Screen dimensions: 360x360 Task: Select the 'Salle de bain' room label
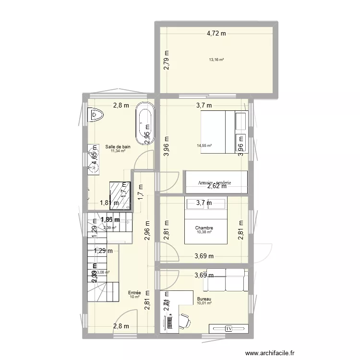click(x=118, y=146)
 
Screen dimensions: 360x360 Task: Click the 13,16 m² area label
click(x=216, y=60)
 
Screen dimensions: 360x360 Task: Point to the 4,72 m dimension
click(x=216, y=33)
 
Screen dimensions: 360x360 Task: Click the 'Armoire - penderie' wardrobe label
click(x=215, y=183)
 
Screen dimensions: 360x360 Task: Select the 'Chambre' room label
click(x=204, y=228)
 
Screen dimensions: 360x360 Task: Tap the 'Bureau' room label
click(x=204, y=299)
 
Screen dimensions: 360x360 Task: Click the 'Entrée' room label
click(x=134, y=292)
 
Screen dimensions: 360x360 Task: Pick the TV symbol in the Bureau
click(x=229, y=329)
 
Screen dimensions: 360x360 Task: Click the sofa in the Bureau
click(x=225, y=280)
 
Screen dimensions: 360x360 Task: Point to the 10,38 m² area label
click(x=204, y=232)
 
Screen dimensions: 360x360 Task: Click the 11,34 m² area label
click(x=118, y=151)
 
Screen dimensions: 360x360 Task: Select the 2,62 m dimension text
click(x=214, y=188)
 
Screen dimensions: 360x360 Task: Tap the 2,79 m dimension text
click(x=166, y=60)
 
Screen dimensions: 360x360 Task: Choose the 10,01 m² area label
click(x=204, y=303)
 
